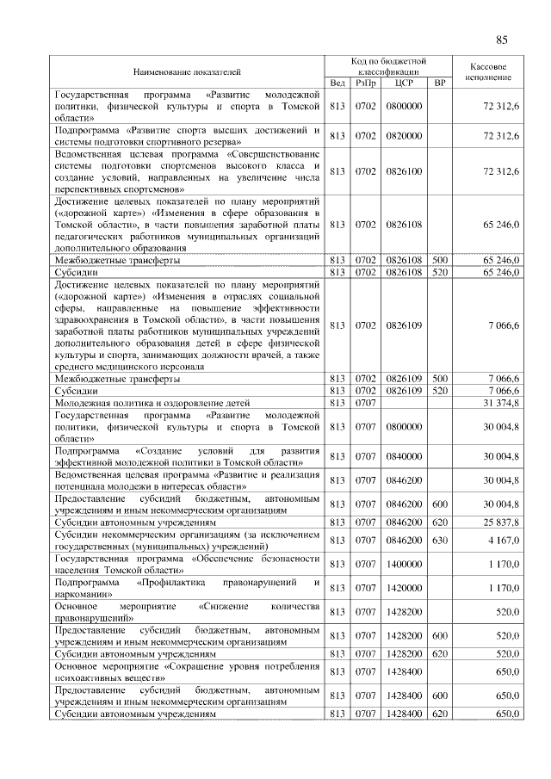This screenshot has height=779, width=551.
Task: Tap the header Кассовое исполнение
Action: pyautogui.click(x=490, y=71)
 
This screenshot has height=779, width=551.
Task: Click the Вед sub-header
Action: pyautogui.click(x=337, y=83)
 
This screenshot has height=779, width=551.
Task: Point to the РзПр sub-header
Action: pyautogui.click(x=365, y=83)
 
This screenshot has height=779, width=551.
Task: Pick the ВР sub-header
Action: pyautogui.click(x=440, y=83)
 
